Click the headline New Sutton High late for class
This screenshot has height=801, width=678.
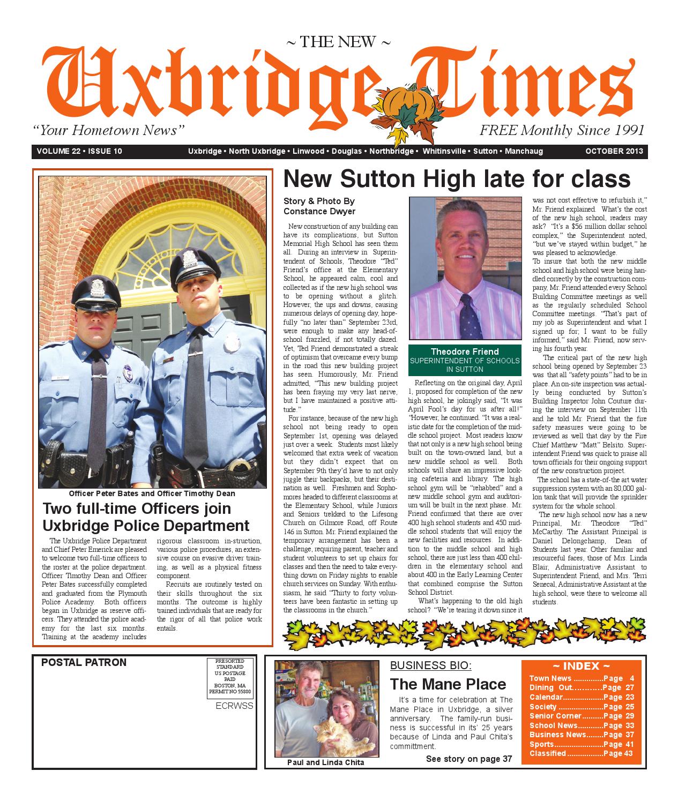point(456,179)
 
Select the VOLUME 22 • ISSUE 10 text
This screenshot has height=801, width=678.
point(79,152)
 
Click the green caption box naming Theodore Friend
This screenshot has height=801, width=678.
point(465,360)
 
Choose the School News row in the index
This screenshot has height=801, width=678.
point(582,725)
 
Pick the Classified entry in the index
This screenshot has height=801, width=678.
point(582,753)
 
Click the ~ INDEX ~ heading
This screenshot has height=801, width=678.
point(581,667)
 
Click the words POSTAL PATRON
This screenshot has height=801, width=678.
point(84,663)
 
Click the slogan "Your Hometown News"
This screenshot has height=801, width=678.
point(109,130)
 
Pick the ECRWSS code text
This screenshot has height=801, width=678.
point(234,706)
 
